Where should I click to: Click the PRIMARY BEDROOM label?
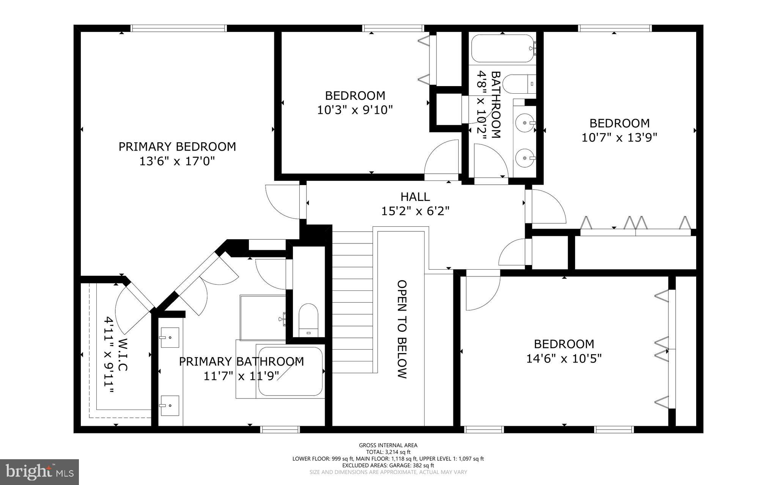tap(177, 147)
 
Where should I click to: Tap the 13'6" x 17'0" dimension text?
tap(177, 162)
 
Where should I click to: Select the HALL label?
tap(415, 197)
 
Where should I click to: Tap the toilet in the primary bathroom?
tap(308, 320)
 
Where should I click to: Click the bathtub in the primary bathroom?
tap(290, 371)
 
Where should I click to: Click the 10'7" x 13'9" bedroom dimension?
tap(619, 137)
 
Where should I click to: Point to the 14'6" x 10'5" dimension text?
tap(564, 358)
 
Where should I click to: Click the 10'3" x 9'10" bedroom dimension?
tap(355, 110)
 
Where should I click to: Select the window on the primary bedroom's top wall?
tap(178, 28)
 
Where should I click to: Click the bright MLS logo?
tap(39, 472)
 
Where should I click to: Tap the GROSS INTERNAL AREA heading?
tap(388, 445)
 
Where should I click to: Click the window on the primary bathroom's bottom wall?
tap(280, 429)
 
